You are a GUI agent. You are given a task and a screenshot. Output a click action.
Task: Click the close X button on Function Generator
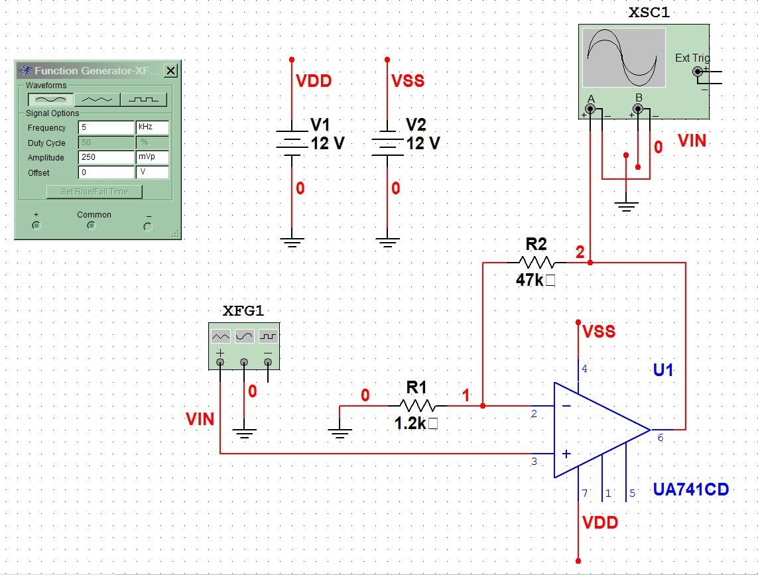click(x=170, y=70)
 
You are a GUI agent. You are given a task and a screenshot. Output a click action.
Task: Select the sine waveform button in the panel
click(x=50, y=99)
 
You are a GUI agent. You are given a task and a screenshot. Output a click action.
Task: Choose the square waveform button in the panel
click(x=143, y=99)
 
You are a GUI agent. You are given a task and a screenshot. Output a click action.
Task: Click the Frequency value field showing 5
click(x=106, y=127)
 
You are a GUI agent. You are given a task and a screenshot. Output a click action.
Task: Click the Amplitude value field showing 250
click(x=106, y=157)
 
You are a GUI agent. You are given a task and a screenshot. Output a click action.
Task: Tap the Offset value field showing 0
click(x=106, y=172)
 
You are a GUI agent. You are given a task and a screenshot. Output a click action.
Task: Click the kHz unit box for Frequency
click(x=152, y=127)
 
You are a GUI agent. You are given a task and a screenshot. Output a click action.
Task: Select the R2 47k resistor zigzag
click(x=536, y=263)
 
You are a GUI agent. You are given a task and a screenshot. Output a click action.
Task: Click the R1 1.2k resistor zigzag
click(x=417, y=405)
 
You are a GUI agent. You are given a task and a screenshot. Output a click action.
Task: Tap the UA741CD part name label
click(x=690, y=489)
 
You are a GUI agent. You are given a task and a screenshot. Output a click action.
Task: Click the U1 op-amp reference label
click(x=663, y=370)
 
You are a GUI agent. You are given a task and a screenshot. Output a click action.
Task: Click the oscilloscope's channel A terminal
click(x=590, y=109)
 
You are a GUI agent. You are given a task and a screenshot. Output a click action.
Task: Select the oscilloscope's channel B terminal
click(x=637, y=109)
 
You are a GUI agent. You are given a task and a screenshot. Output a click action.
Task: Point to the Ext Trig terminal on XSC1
click(x=697, y=72)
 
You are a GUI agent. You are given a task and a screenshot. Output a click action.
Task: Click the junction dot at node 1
click(x=483, y=405)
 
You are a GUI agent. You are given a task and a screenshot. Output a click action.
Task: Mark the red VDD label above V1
click(x=313, y=81)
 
